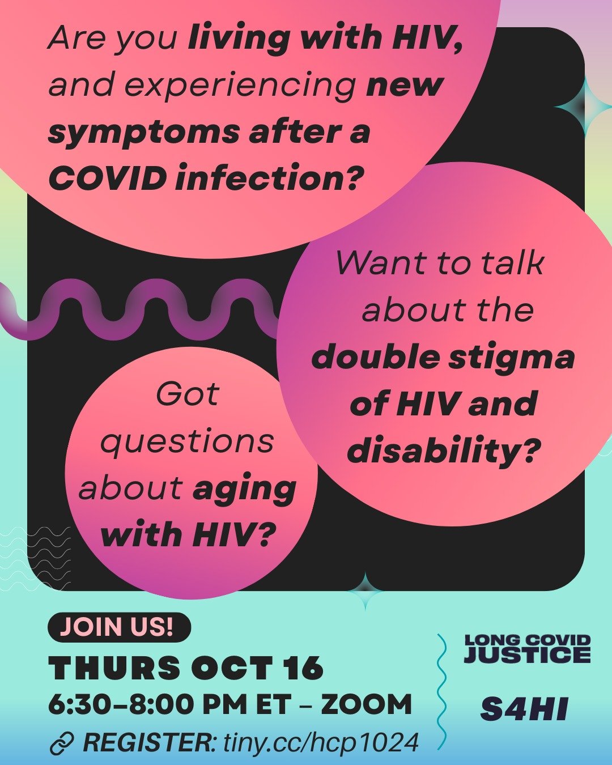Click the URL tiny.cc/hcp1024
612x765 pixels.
[x=321, y=742]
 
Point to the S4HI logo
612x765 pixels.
[x=524, y=709]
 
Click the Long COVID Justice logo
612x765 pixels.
[x=527, y=649]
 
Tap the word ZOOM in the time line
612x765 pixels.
[x=367, y=705]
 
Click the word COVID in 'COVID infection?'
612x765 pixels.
[x=108, y=179]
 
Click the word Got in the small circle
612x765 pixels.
[x=187, y=394]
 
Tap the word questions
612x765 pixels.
[x=187, y=442]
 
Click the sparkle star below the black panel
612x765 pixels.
[x=365, y=591]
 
